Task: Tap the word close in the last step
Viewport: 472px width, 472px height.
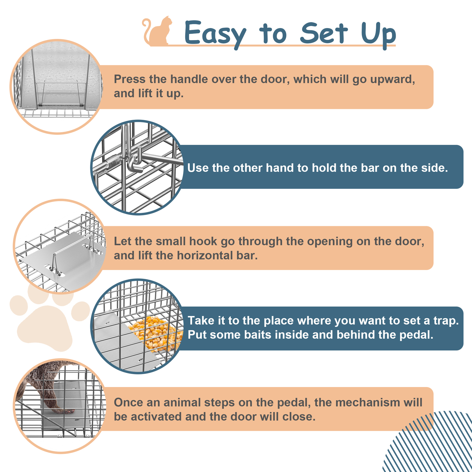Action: (299, 417)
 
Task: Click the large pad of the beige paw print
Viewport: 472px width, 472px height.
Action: (44, 327)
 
